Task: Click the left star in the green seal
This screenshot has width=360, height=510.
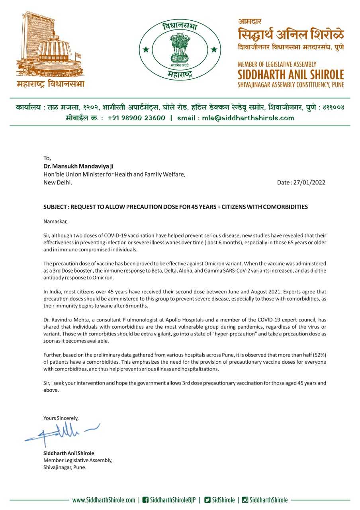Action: (146, 50)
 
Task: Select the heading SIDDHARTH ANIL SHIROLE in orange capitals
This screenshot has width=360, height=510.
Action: (291, 75)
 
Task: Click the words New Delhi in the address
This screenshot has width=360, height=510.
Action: (57, 182)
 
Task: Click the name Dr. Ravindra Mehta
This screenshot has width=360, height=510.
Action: (68, 320)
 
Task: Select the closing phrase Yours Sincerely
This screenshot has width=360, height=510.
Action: (61, 418)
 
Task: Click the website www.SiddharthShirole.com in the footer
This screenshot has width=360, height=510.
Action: (104, 500)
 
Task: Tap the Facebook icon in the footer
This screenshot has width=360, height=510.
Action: (145, 500)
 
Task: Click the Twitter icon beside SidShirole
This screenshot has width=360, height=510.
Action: (207, 500)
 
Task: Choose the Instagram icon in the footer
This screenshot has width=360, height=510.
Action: (245, 500)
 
